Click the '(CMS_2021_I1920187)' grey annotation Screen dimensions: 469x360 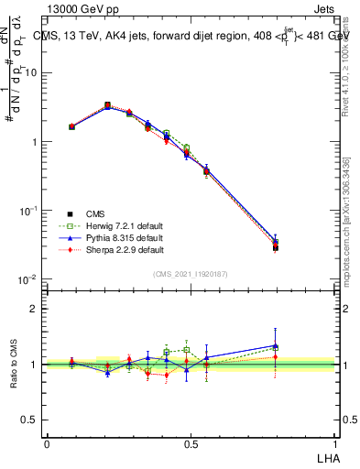(191, 273)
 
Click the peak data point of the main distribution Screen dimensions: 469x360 (107, 105)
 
